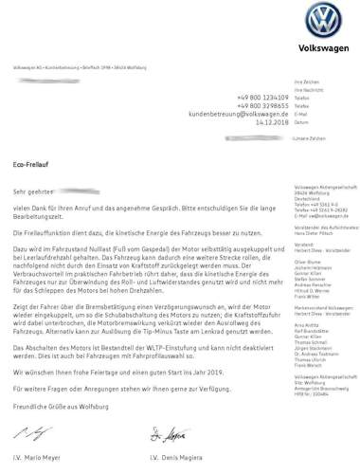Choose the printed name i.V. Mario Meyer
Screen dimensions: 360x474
(41, 458)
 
